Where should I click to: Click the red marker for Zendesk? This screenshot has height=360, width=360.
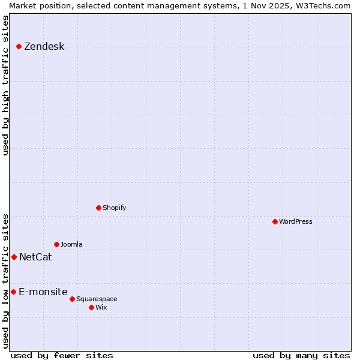(x=19, y=46)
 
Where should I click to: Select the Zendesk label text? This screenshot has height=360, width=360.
(x=44, y=47)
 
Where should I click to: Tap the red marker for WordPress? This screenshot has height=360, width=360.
(x=275, y=221)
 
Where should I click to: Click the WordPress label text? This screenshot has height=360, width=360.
(x=296, y=221)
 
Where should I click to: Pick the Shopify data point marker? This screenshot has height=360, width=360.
(x=98, y=208)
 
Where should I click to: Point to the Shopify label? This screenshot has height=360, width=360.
(x=114, y=208)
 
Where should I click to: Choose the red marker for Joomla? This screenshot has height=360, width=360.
(x=56, y=244)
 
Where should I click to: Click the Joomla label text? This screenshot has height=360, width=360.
(x=71, y=244)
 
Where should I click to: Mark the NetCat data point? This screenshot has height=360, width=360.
(x=14, y=257)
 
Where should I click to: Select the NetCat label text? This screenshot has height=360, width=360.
(x=35, y=257)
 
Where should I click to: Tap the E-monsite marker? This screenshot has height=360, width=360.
(x=13, y=292)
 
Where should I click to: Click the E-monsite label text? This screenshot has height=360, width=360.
(x=43, y=292)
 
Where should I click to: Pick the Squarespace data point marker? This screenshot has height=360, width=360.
(x=72, y=299)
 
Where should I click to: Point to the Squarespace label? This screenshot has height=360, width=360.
(x=97, y=299)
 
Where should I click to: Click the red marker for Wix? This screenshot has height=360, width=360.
(x=91, y=307)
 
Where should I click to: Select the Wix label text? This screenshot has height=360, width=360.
(x=101, y=307)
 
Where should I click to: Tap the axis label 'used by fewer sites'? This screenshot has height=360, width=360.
(x=62, y=355)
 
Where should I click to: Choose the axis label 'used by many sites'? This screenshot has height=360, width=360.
(x=301, y=355)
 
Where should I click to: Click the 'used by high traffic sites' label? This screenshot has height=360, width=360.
(x=6, y=85)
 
